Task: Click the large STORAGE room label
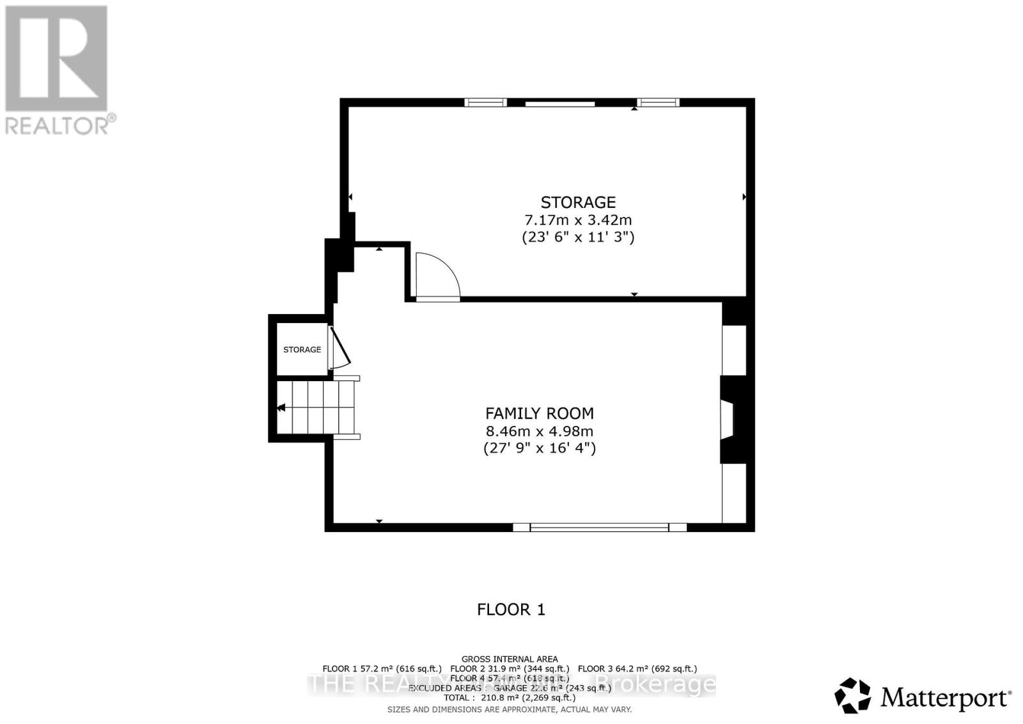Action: point(578,202)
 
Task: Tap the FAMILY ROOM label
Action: point(539,413)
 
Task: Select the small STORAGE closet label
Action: point(302,350)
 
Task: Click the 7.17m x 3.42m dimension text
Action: point(578,220)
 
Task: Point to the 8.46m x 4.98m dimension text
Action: point(539,431)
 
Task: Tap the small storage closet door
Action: point(340,349)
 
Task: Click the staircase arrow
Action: point(281,407)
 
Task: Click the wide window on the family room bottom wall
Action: point(599,527)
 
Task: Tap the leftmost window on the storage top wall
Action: point(485,102)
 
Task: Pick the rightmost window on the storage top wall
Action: point(658,102)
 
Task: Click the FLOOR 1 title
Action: point(511,610)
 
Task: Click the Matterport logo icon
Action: point(853,695)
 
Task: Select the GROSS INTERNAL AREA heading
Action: point(510,659)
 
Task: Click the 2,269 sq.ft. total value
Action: point(548,698)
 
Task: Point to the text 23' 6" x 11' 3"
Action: point(578,237)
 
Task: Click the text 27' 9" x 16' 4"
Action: point(539,448)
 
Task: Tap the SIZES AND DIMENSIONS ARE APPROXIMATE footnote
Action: point(510,709)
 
